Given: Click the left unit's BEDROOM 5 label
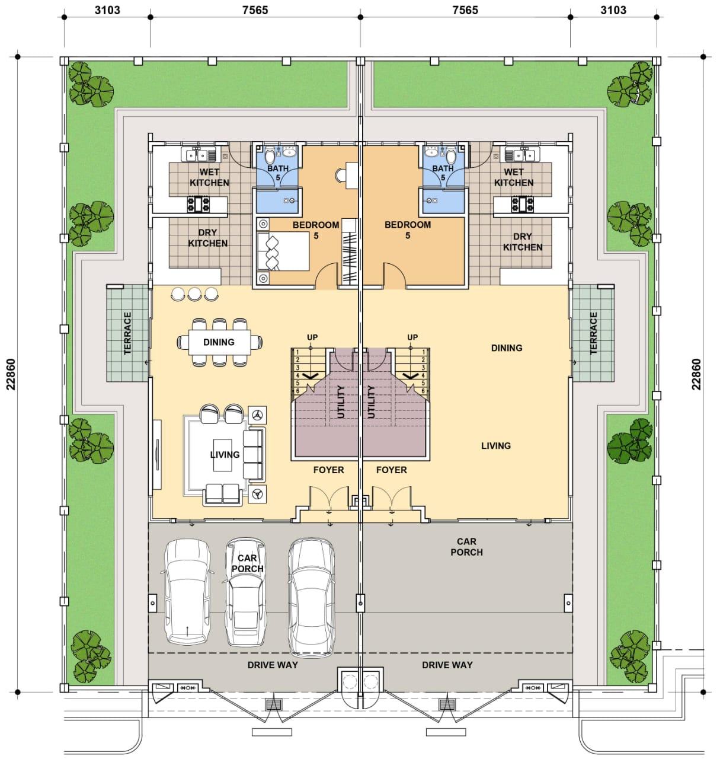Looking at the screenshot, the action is tap(316, 230).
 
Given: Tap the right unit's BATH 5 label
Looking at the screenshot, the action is tap(443, 173).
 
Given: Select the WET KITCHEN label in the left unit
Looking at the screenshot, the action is tap(209, 177).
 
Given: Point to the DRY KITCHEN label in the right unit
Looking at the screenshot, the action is tap(523, 242).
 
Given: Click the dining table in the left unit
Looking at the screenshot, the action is tap(219, 342).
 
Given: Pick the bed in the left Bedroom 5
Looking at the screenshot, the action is tap(284, 251).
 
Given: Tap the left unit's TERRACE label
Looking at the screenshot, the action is tap(128, 333).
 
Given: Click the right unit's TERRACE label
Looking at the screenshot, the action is tap(593, 333).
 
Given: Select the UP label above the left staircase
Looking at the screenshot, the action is tap(312, 337).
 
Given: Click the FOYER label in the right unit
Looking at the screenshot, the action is tap(391, 470).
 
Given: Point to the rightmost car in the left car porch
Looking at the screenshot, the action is tap(311, 598).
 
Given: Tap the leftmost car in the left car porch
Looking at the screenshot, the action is tap(188, 592).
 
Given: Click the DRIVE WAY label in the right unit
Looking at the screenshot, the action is tap(447, 665).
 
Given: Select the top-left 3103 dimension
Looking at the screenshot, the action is tap(107, 10).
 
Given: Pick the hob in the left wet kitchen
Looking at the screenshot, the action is tap(199, 204).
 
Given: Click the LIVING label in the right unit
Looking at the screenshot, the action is tap(496, 445).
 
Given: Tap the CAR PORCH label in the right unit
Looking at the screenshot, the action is tap(466, 547).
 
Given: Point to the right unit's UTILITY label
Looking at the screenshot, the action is tap(371, 401).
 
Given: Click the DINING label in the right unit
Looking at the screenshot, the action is tap(507, 348).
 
